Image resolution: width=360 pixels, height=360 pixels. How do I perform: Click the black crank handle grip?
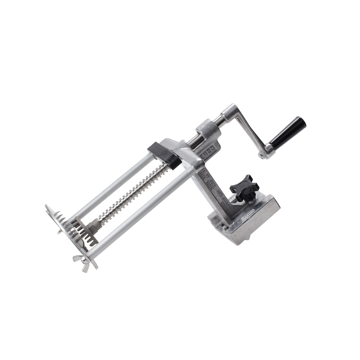point(288,133)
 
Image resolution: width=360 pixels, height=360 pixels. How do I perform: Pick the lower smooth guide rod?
point(140,213)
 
